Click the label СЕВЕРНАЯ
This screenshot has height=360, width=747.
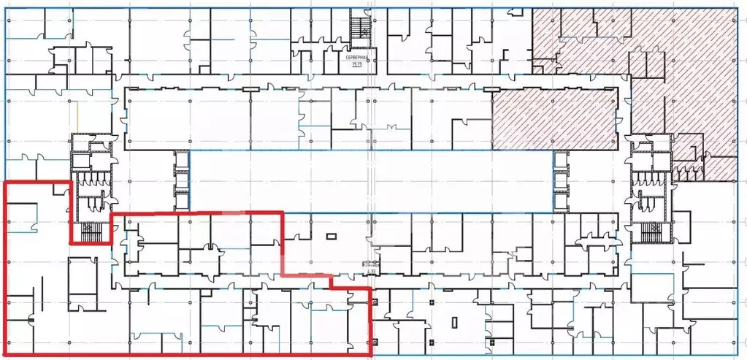point(357,57)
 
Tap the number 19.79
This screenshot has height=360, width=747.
point(357,64)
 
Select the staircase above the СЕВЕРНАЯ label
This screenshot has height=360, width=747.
point(359,29)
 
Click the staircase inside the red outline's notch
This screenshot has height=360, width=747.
point(89,231)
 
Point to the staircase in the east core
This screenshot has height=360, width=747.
point(650,231)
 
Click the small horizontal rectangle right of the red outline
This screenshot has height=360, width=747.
point(331,236)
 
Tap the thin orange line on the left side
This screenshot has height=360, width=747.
point(77,117)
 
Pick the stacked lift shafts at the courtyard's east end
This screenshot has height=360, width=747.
point(560,179)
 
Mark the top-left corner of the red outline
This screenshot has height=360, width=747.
point(7,181)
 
